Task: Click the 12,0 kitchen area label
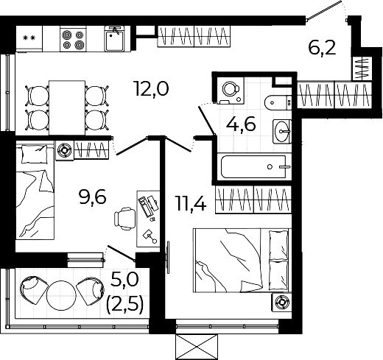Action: tap(152, 89)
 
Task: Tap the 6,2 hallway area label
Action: tap(322, 49)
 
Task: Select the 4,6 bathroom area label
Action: tap(241, 124)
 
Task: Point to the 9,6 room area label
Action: tap(93, 197)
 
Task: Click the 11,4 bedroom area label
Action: tap(191, 203)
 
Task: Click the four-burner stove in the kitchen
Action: tap(74, 39)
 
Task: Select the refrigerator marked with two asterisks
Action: tap(29, 38)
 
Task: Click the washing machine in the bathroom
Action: tap(230, 90)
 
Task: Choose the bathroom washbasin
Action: tap(282, 131)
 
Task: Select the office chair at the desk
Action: tap(124, 219)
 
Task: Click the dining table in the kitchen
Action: tap(67, 107)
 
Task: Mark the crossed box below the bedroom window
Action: tap(197, 347)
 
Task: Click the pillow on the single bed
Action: tap(35, 155)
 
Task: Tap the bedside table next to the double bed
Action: tap(281, 303)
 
